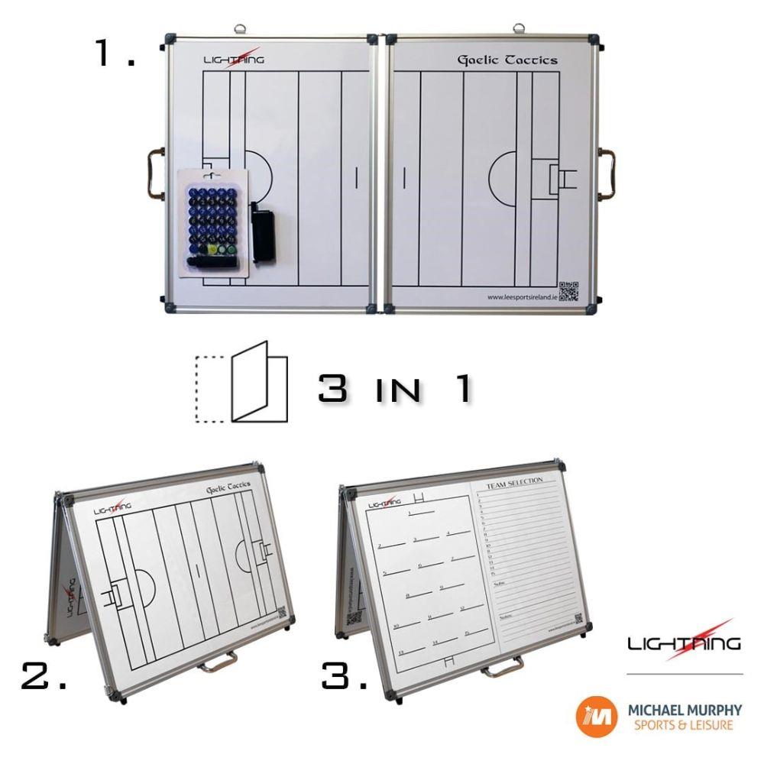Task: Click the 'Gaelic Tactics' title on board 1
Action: coord(507,60)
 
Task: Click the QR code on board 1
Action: coord(568,291)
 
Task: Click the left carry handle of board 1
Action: coord(153,175)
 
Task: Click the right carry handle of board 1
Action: coord(609,173)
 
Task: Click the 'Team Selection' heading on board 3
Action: coord(514,481)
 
